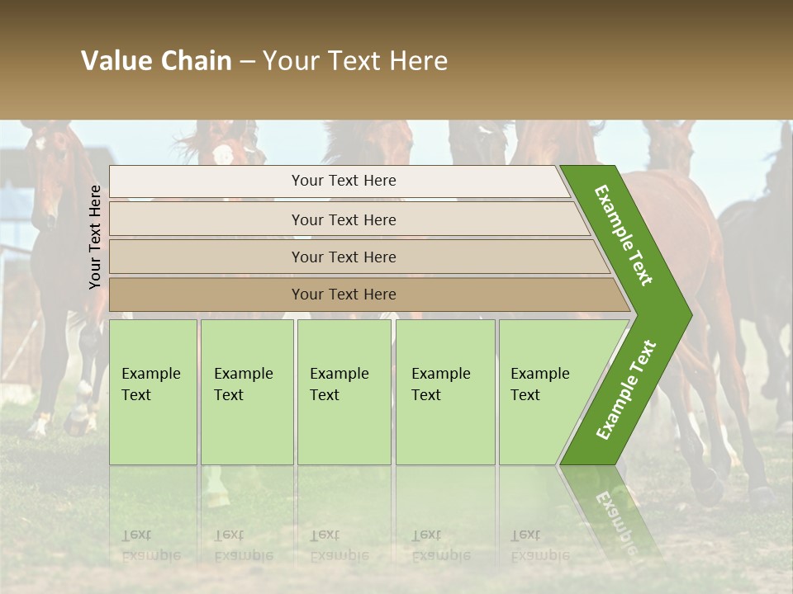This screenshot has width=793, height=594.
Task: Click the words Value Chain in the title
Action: [156, 61]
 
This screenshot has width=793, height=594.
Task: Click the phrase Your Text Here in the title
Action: [355, 61]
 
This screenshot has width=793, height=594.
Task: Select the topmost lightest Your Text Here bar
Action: [344, 181]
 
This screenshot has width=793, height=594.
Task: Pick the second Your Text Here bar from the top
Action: [344, 219]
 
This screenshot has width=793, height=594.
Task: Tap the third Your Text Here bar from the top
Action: [344, 257]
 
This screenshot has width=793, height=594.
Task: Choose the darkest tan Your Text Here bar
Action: [344, 295]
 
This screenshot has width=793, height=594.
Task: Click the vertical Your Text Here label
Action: [95, 237]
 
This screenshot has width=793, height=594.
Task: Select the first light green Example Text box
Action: [153, 392]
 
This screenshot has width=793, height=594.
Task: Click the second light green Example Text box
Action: [247, 392]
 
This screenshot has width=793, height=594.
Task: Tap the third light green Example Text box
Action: [344, 392]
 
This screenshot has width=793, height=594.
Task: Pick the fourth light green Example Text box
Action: [445, 392]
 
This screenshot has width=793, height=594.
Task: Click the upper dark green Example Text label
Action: [624, 235]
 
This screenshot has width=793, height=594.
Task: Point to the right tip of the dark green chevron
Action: [691, 314]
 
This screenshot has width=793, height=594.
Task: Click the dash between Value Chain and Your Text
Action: [247, 62]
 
